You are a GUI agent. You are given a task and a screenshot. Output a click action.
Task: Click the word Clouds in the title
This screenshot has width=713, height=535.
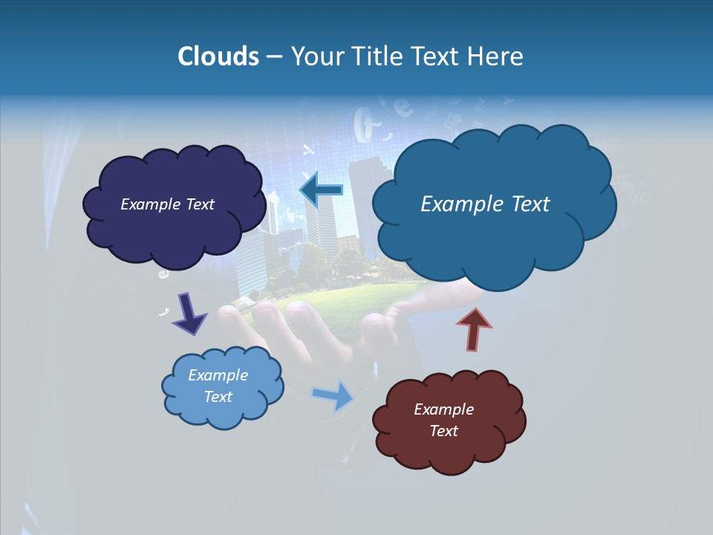(x=218, y=56)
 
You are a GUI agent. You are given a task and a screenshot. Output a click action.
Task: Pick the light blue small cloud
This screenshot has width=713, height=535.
(x=222, y=409)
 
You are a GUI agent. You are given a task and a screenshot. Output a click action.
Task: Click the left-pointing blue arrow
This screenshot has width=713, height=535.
(x=321, y=190)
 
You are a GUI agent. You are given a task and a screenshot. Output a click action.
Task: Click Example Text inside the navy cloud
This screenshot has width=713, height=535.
(x=167, y=204)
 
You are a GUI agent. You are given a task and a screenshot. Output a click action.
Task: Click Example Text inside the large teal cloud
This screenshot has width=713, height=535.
(x=485, y=204)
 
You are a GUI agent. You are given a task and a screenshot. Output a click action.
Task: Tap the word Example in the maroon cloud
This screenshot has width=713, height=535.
(x=443, y=409)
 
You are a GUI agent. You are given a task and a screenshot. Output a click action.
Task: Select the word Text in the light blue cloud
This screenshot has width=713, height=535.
(x=218, y=397)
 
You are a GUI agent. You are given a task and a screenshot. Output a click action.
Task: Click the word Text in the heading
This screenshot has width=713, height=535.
(x=438, y=56)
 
